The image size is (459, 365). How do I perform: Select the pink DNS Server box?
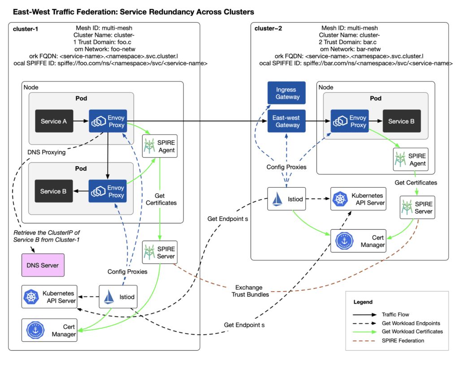[x=43, y=265]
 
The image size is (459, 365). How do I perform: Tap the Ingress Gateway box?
[x=286, y=93]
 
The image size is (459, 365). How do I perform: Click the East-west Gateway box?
[x=286, y=121]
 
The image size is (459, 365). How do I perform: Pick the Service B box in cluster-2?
[x=398, y=121]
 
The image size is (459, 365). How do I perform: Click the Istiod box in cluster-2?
[x=286, y=199]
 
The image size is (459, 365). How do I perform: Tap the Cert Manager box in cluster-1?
[x=49, y=330]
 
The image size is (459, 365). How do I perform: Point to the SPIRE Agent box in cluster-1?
[x=160, y=146]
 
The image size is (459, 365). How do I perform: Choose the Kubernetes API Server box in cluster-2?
[x=358, y=199]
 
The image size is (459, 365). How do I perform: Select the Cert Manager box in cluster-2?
[x=358, y=241]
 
